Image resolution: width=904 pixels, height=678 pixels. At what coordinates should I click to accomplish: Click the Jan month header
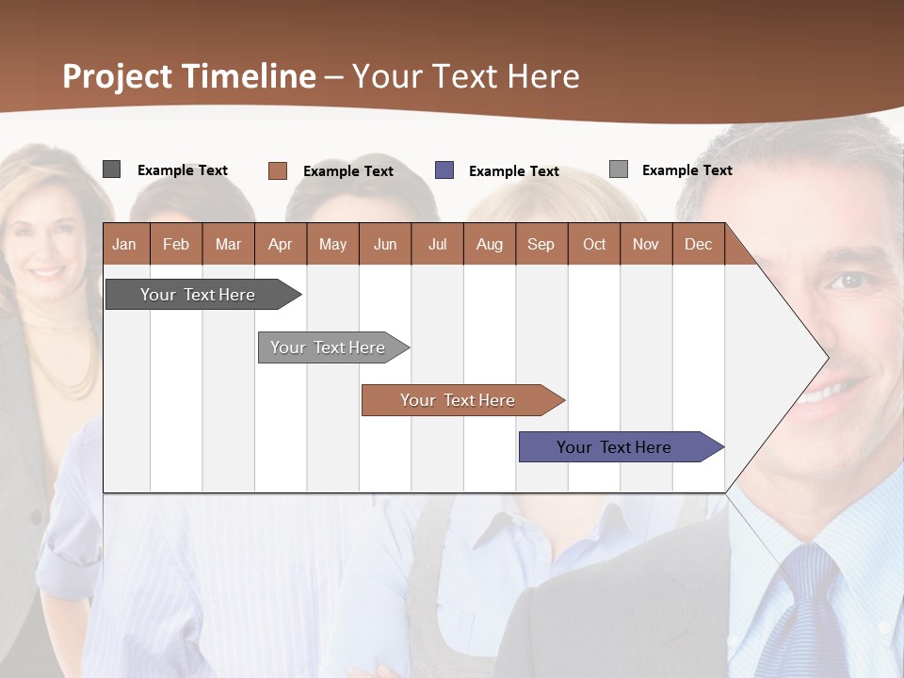pos(124,244)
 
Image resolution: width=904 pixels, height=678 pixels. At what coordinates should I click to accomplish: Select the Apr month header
pos(280,244)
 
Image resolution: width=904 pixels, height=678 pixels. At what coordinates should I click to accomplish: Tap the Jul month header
pos(437,244)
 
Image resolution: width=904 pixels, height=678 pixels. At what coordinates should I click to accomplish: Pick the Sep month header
pos(541,244)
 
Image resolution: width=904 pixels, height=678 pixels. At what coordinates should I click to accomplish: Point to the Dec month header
pos(698,244)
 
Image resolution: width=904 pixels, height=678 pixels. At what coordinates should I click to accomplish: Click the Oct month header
pos(594,244)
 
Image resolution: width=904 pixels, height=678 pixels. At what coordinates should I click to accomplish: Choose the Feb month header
pos(176,244)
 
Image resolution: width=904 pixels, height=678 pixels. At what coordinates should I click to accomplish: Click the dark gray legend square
pos(111,169)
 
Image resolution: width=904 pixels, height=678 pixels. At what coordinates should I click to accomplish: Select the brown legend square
pos(277,170)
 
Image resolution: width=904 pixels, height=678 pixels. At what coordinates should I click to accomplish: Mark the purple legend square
pos(444,170)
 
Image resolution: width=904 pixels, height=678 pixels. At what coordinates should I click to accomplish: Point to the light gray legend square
pos(619,169)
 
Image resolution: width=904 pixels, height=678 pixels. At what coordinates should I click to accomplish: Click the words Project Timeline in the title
pos(188,76)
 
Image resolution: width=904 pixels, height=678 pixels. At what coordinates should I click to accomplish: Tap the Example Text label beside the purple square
pos(513,171)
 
